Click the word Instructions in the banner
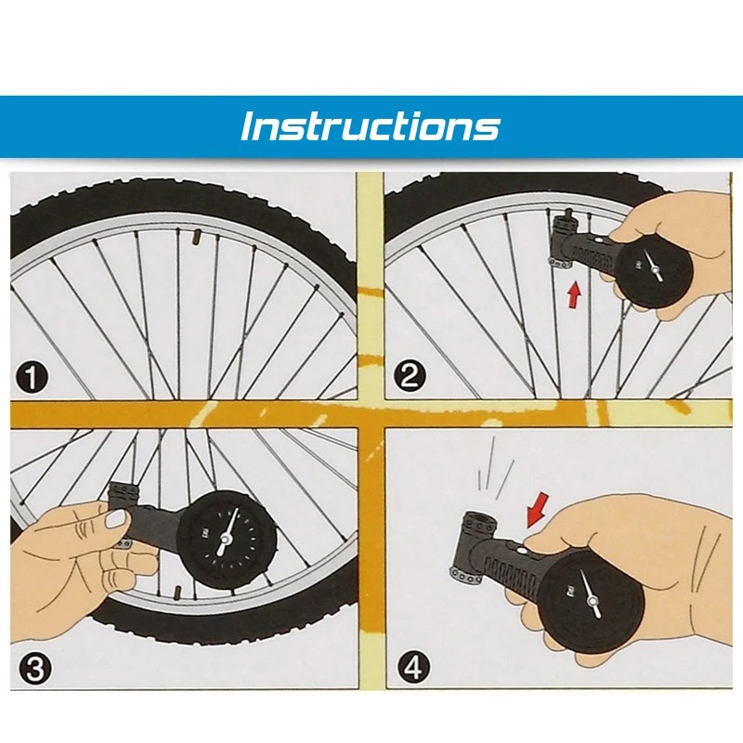(x=370, y=126)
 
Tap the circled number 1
(x=32, y=377)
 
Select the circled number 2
(x=410, y=376)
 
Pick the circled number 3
(x=34, y=669)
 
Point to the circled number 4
(x=413, y=667)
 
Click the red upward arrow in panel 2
(x=574, y=294)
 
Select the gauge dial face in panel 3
(x=223, y=541)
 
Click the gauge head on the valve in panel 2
(x=564, y=239)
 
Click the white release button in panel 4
(x=522, y=551)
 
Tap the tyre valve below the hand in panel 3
(x=177, y=593)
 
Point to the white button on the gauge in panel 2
(x=599, y=241)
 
